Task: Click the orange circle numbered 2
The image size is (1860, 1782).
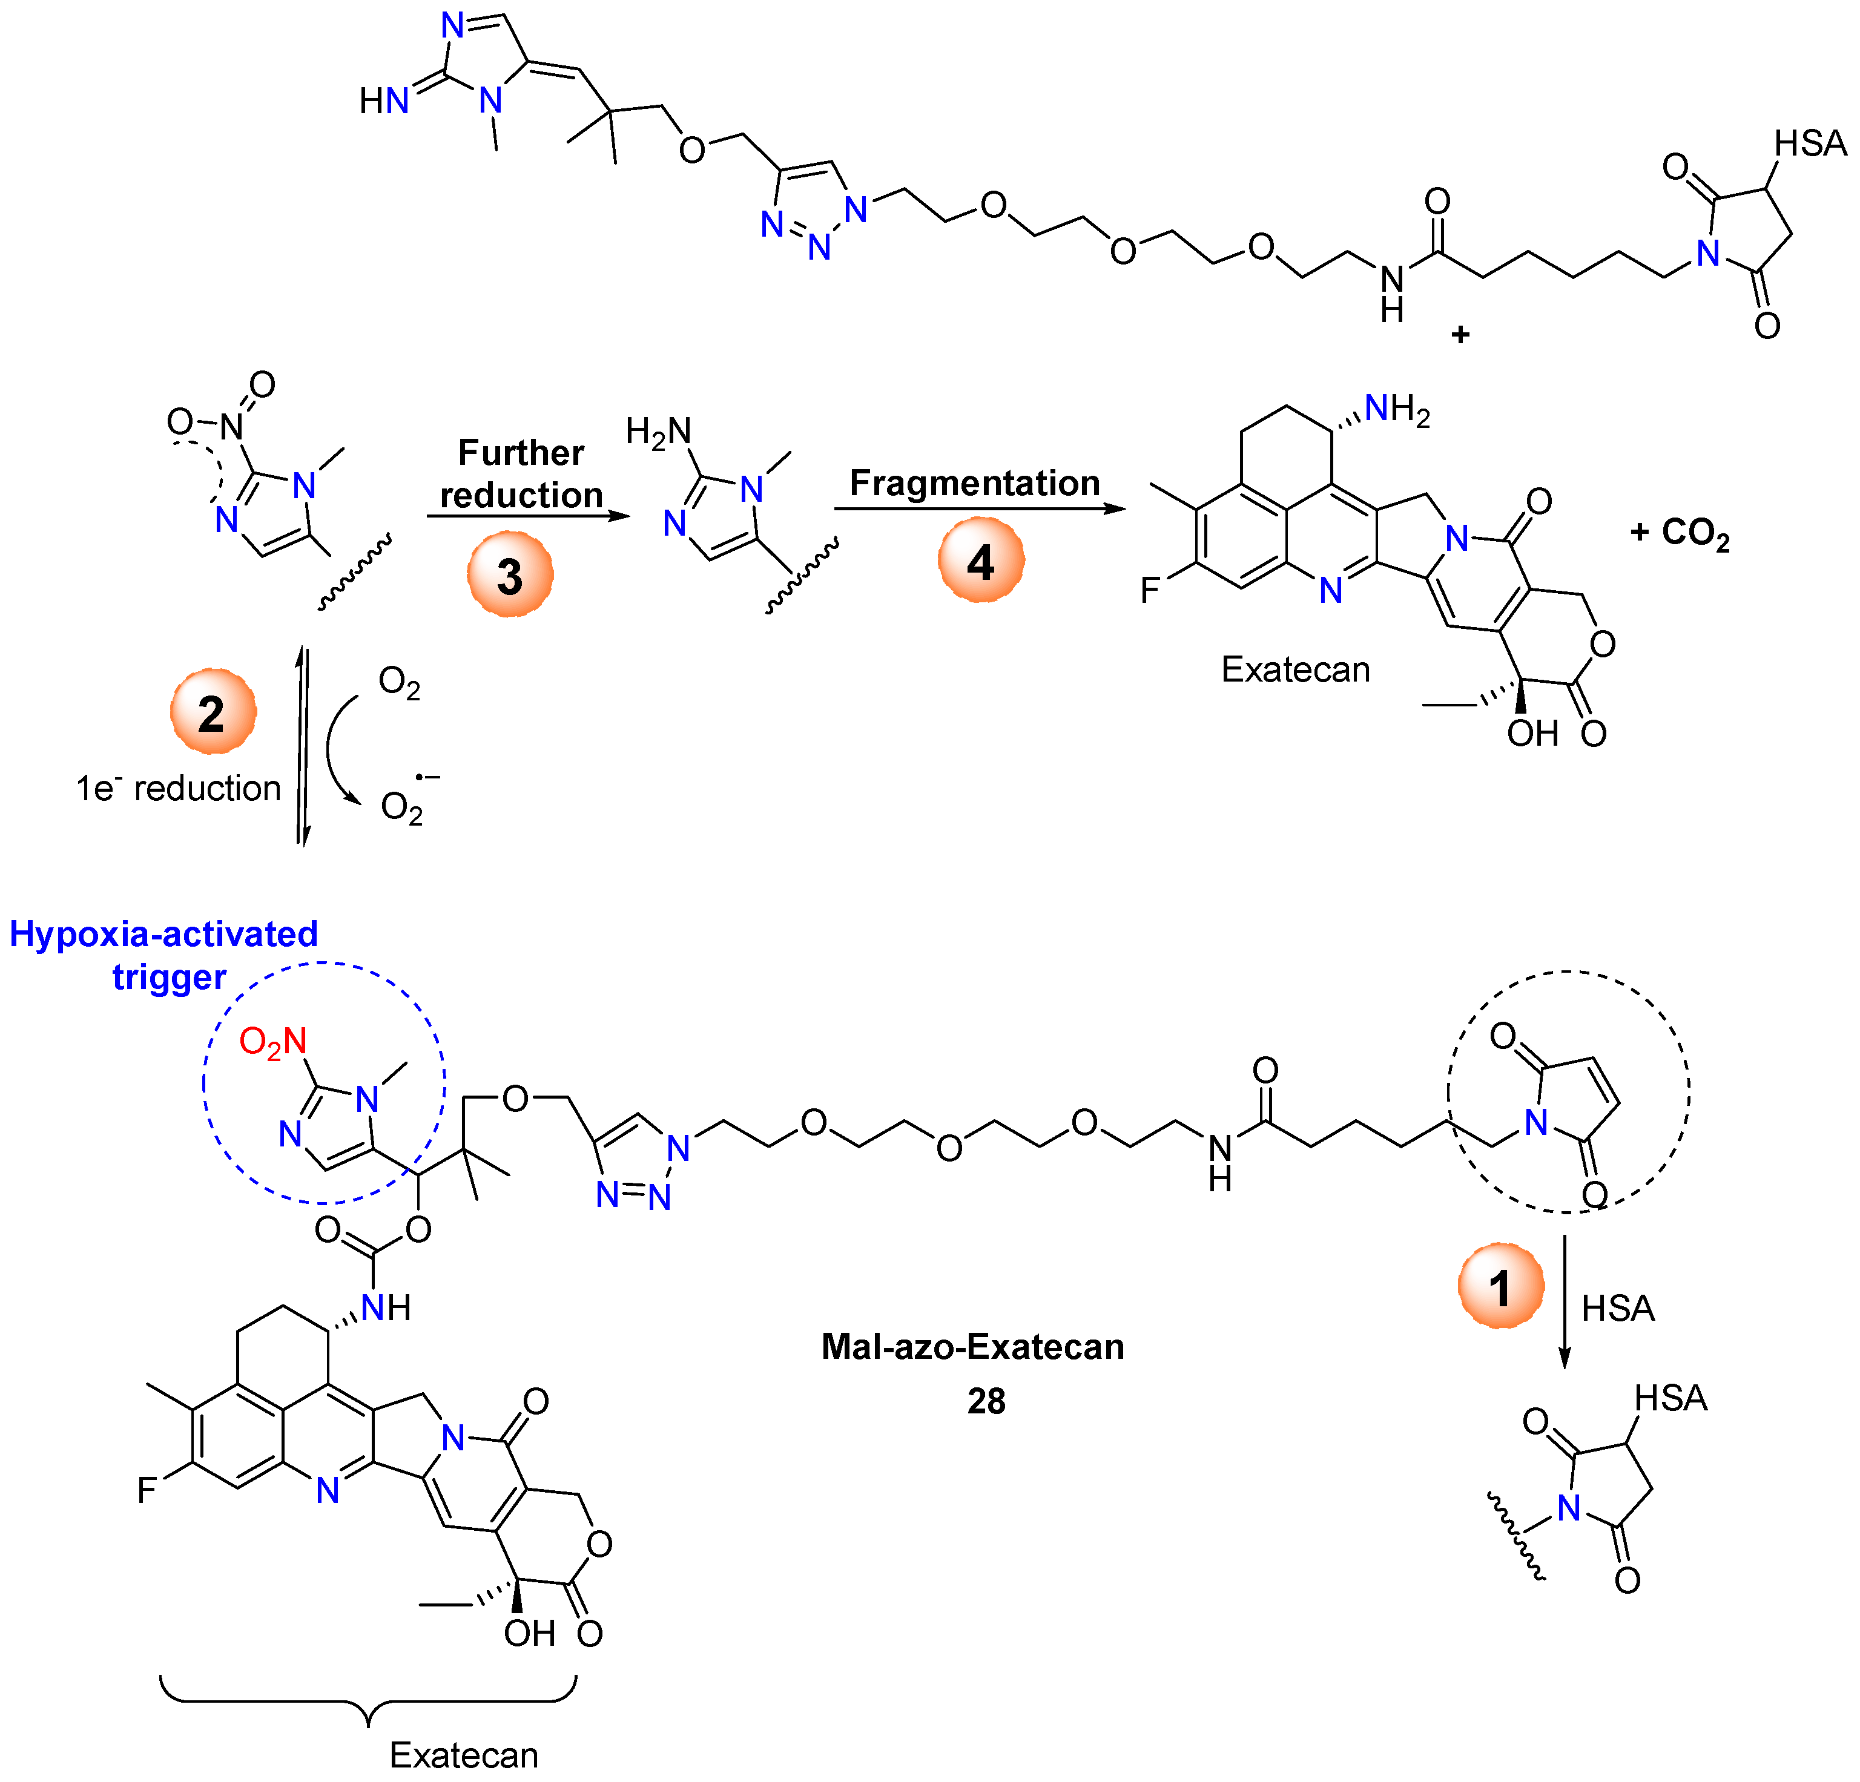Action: click(213, 712)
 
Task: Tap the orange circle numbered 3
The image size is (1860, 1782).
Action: click(510, 574)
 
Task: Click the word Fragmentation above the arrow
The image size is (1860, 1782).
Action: click(975, 483)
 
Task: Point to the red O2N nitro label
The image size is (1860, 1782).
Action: click(272, 1042)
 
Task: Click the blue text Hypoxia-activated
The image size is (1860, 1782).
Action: click(163, 934)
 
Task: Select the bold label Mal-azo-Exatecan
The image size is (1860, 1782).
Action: click(973, 1346)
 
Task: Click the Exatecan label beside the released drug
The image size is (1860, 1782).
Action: click(1295, 670)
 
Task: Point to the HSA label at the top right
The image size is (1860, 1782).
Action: click(1810, 144)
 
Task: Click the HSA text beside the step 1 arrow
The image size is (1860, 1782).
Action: click(1618, 1309)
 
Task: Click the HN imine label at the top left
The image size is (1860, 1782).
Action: click(383, 100)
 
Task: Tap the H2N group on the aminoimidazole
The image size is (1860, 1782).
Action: click(658, 432)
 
